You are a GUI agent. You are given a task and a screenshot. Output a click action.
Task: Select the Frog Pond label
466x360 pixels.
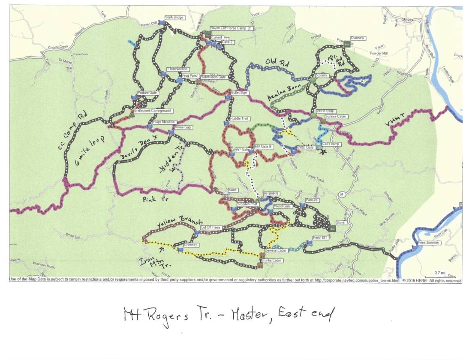tap(189, 75)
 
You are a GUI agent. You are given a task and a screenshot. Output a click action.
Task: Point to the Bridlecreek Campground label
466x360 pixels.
tap(152, 111)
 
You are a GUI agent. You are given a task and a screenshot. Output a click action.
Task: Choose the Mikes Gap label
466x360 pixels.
tap(182, 127)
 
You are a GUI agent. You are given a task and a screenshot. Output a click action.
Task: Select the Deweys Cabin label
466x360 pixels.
tap(275, 250)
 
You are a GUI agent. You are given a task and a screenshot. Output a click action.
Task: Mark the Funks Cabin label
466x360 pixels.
tap(274, 260)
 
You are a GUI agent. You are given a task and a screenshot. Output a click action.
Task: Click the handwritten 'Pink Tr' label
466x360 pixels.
tap(156, 199)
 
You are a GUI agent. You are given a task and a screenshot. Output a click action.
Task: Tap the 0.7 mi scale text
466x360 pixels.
tap(440, 273)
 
